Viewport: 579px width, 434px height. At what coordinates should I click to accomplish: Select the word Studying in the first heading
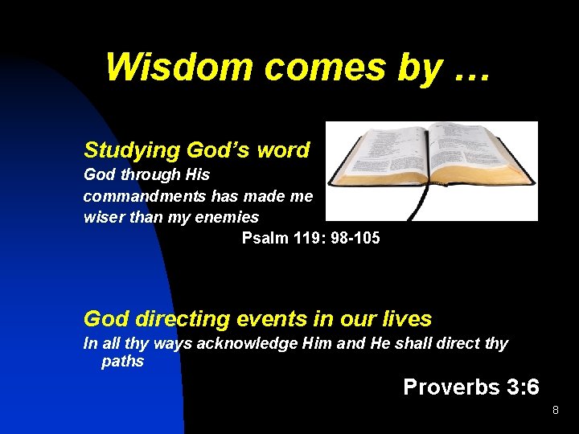click(132, 150)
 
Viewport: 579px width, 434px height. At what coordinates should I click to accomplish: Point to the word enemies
click(229, 217)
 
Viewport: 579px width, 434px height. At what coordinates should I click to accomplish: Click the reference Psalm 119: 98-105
click(311, 239)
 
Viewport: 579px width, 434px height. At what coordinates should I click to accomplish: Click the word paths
click(122, 362)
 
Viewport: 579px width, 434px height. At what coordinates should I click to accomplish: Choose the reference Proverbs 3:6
click(470, 387)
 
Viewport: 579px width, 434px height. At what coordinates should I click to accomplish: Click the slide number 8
click(555, 411)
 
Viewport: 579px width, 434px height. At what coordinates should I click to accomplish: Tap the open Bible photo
click(432, 170)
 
